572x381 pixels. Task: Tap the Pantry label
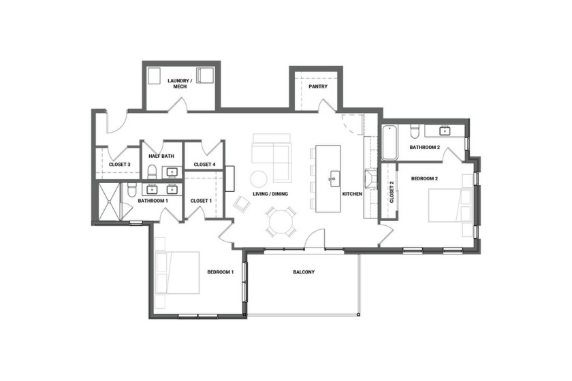click(x=317, y=86)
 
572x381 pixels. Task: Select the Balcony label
click(x=304, y=272)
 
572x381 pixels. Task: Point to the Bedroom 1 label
click(x=221, y=272)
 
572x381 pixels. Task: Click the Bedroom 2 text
click(x=424, y=178)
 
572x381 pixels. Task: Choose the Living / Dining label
click(x=270, y=194)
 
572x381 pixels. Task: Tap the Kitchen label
click(x=352, y=194)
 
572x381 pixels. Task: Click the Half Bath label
click(x=161, y=156)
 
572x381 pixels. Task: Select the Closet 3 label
click(x=119, y=164)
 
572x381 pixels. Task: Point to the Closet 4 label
click(x=204, y=164)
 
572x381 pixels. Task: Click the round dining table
click(x=281, y=221)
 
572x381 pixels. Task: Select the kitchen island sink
click(x=334, y=180)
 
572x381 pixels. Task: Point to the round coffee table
click(x=259, y=178)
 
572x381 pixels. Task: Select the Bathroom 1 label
click(x=153, y=201)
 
